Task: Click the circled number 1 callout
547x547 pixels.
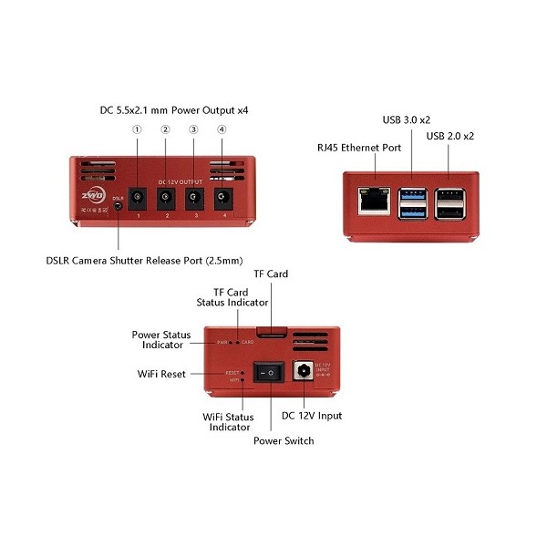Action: click(137, 129)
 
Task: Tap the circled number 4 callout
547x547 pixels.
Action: click(222, 129)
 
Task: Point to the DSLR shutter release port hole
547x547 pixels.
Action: click(119, 206)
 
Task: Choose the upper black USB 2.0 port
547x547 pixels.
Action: click(448, 194)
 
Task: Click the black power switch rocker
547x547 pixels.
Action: click(268, 373)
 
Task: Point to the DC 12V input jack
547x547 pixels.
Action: click(301, 372)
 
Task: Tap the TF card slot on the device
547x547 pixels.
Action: click(272, 331)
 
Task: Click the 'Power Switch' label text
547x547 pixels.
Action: click(284, 440)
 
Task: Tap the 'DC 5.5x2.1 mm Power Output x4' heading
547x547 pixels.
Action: click(174, 109)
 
